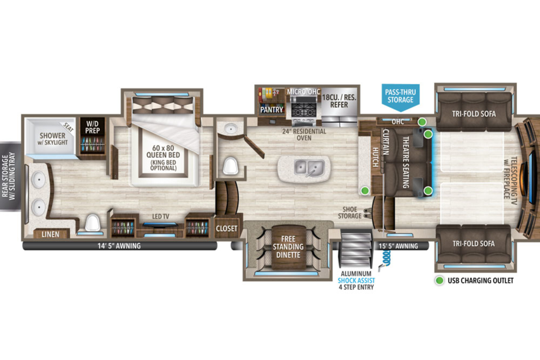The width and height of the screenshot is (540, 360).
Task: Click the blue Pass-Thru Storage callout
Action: point(400,96)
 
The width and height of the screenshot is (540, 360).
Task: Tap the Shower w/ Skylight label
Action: point(53,139)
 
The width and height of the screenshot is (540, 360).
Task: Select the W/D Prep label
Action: point(92,127)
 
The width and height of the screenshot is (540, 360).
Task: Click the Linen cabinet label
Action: point(50,234)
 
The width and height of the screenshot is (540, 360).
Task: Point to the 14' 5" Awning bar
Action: point(120,246)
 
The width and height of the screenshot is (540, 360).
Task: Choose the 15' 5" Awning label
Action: point(398,246)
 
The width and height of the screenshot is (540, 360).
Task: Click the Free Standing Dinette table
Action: point(288,247)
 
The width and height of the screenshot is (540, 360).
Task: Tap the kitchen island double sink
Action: point(309,168)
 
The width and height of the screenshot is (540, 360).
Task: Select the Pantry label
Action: point(271,110)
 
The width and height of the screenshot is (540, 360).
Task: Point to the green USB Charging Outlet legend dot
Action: point(440,280)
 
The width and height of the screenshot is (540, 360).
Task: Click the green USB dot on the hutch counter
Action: point(365,190)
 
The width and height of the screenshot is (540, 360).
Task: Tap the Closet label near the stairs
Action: point(227,228)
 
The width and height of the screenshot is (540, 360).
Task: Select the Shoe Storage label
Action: point(350,213)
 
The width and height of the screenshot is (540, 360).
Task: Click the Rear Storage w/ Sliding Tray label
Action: point(9,176)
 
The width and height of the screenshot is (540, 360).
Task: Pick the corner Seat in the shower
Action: point(68,127)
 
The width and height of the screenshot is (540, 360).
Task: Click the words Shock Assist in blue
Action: point(356,280)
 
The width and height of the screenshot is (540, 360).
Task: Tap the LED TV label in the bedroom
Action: point(161,216)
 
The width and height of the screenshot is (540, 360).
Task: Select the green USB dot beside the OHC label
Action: point(422,122)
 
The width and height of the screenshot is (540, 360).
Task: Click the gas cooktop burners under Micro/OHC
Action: point(304,110)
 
